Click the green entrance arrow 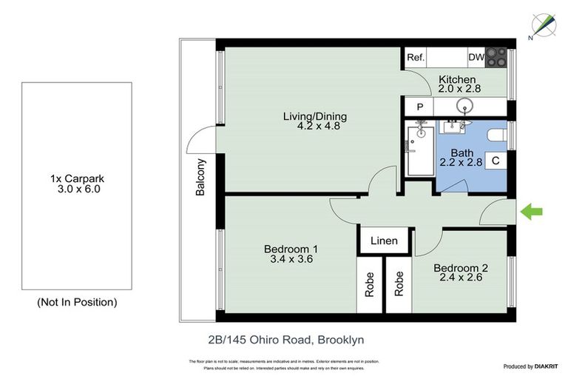(x=532, y=212)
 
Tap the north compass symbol (x=544, y=25)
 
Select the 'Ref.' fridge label (x=416, y=58)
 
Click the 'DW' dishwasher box (x=476, y=58)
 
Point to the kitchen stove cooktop (x=498, y=58)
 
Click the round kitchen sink (x=465, y=107)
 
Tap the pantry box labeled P (x=419, y=107)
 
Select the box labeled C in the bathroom (x=496, y=160)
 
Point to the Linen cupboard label (x=383, y=241)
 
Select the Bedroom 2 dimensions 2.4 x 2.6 (x=460, y=278)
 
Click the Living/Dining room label (x=315, y=116)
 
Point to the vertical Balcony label (x=200, y=178)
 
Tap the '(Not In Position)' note (x=77, y=302)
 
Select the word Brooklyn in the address (x=341, y=340)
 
